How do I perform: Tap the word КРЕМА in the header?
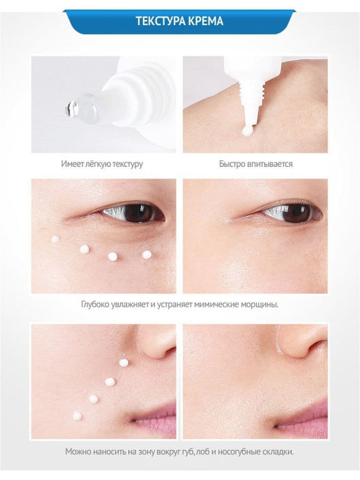(205, 21)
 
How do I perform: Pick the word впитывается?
(270, 164)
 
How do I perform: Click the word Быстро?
(232, 164)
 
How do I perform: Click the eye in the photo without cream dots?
(292, 212)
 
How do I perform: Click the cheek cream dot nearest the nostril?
(124, 363)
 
